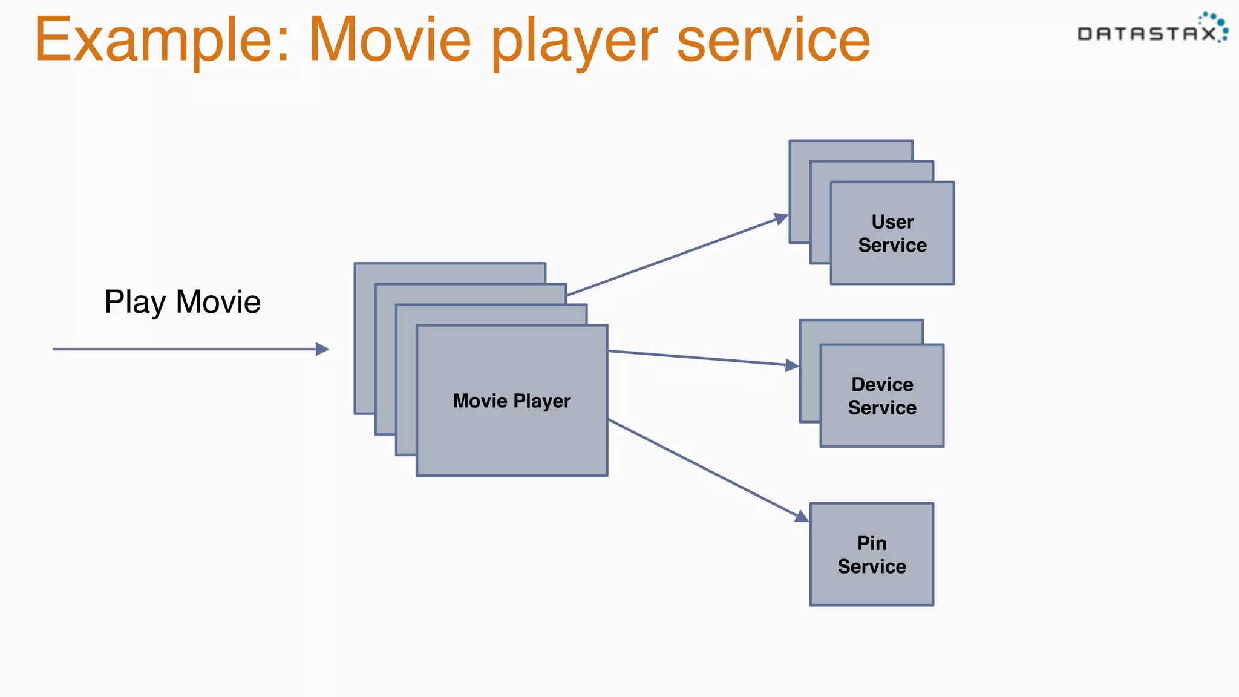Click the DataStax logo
pos(1152,30)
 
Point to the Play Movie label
pos(182,302)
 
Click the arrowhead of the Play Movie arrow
pos(323,349)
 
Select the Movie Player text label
pos(512,401)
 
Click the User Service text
pos(892,234)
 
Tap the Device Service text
pos(882,396)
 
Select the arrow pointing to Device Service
pos(696,358)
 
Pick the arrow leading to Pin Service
pos(702,467)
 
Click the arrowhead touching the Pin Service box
pos(802,516)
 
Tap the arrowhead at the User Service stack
pos(781,218)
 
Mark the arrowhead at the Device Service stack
pos(791,365)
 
